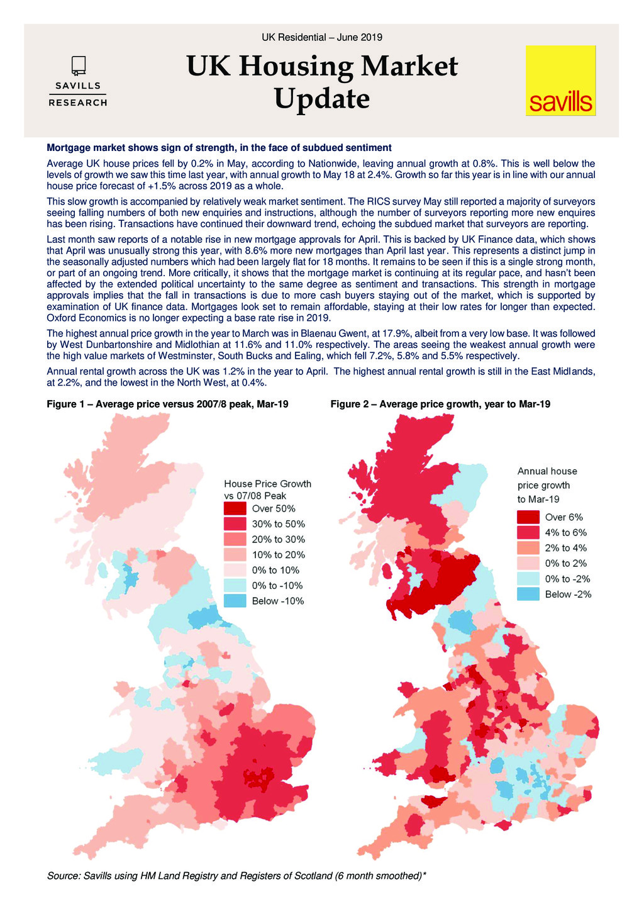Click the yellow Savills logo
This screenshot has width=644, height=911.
click(560, 81)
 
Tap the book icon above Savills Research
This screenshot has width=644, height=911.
click(78, 65)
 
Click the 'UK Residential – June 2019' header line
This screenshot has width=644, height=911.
click(321, 37)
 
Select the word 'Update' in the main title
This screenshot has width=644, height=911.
click(321, 99)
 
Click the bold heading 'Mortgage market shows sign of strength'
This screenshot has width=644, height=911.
click(219, 148)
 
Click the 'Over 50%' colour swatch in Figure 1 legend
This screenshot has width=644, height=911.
click(235, 508)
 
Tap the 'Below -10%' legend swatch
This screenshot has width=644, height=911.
click(235, 601)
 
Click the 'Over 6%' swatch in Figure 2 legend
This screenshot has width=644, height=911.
click(528, 517)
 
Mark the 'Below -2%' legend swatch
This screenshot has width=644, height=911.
click(528, 594)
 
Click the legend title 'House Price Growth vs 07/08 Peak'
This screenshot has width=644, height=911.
click(267, 489)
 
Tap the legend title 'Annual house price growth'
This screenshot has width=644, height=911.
click(547, 484)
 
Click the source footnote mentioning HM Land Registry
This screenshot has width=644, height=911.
click(236, 876)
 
